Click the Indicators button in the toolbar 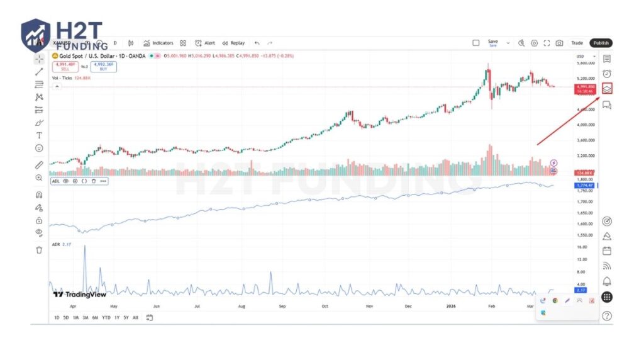(158, 43)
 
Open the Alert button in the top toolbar (205, 43)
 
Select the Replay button (233, 43)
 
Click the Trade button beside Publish (577, 43)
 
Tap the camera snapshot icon (559, 43)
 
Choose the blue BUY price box (103, 65)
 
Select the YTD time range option (106, 317)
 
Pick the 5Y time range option (126, 317)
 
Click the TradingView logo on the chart (79, 294)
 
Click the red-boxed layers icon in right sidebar (607, 89)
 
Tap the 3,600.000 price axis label (585, 140)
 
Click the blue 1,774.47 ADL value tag (585, 186)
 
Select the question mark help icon (607, 316)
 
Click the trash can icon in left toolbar (39, 249)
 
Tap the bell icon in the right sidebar (607, 281)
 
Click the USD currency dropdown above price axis (582, 57)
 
